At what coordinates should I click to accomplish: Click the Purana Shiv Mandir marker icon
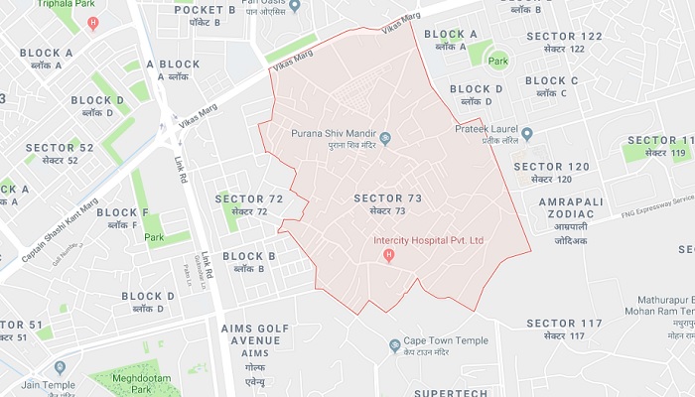pyautogui.click(x=385, y=138)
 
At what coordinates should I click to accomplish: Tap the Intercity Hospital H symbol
pyautogui.click(x=389, y=256)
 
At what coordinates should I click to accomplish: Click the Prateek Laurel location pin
pyautogui.click(x=527, y=134)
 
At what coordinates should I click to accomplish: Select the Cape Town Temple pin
pyautogui.click(x=394, y=345)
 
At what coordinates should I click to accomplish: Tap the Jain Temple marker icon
pyautogui.click(x=60, y=367)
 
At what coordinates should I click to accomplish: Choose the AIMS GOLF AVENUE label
pyautogui.click(x=255, y=340)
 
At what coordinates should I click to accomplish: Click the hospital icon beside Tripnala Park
pyautogui.click(x=93, y=22)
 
